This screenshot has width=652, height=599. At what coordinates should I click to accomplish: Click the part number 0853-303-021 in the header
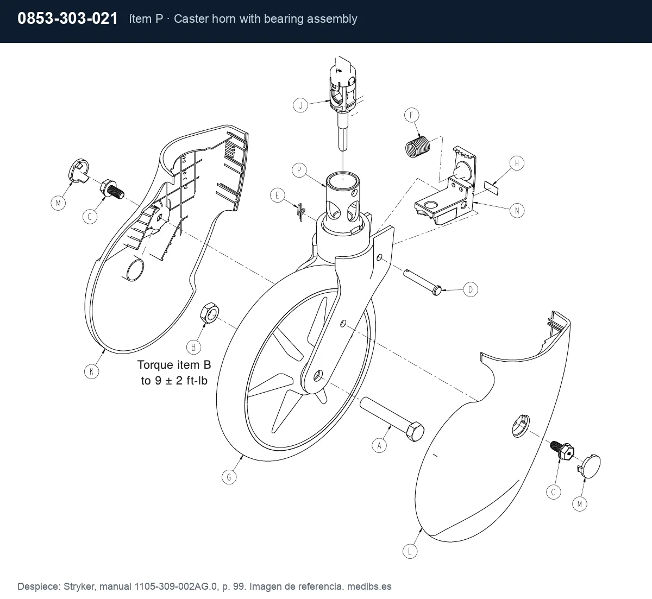click(x=67, y=18)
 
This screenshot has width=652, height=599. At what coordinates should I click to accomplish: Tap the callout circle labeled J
click(x=300, y=106)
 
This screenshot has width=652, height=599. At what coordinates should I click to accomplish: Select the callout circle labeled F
click(x=411, y=115)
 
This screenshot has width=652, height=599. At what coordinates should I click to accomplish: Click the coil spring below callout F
click(x=418, y=147)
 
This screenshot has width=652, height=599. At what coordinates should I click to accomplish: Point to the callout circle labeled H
click(x=517, y=163)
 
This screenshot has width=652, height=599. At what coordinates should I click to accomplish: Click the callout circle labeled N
click(x=517, y=211)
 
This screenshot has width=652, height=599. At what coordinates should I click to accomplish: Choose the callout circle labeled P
click(x=299, y=171)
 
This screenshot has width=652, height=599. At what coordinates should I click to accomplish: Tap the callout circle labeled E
click(x=277, y=196)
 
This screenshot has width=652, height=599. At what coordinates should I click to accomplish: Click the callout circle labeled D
click(x=471, y=289)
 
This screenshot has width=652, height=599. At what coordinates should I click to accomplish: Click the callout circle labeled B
click(x=194, y=348)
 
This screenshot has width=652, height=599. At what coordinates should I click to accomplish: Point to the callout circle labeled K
click(x=91, y=372)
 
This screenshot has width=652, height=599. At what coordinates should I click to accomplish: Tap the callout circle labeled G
click(x=229, y=477)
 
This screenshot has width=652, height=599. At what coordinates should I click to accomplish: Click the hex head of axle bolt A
click(x=414, y=432)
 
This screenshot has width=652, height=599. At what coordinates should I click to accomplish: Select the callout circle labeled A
click(x=379, y=446)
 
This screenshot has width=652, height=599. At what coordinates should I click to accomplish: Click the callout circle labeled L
click(x=410, y=552)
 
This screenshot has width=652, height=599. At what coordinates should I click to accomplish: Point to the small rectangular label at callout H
click(x=491, y=188)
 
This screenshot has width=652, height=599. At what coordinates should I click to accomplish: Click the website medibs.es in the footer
click(x=369, y=587)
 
